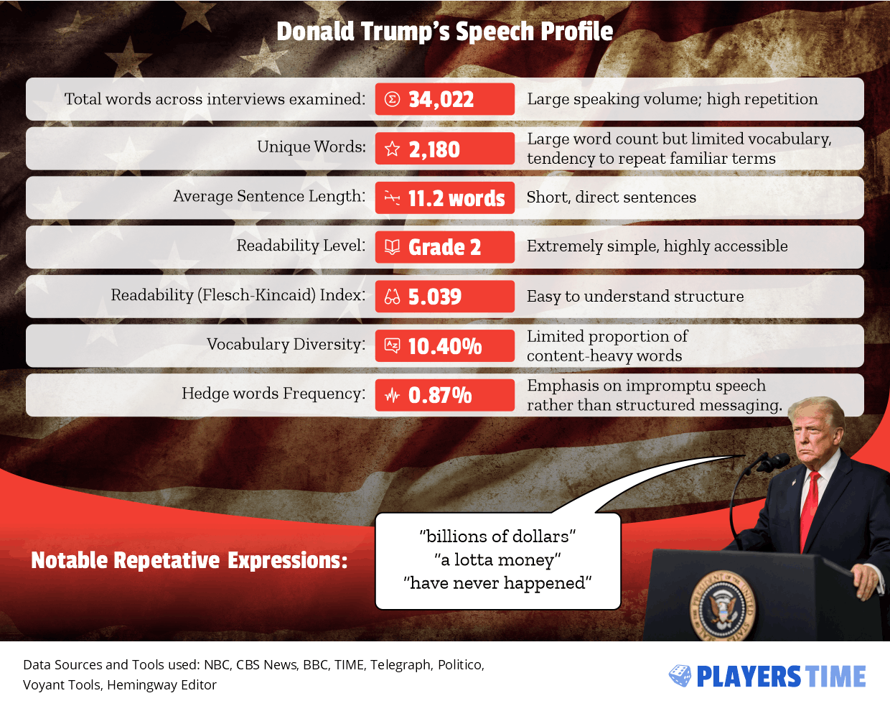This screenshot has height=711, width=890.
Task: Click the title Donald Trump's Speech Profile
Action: pos(444,32)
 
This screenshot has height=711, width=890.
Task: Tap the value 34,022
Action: pos(441,99)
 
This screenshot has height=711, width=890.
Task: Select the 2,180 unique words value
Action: pos(434,149)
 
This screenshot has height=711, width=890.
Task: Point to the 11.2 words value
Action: pos(456,198)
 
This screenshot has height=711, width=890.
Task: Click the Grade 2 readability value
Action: pos(444,248)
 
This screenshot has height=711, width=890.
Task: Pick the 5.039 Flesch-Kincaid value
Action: pos(434,297)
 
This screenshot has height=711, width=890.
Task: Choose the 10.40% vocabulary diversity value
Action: pos(444,346)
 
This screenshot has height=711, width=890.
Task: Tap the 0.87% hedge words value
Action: pos(439,395)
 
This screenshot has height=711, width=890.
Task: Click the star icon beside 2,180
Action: pos(392,149)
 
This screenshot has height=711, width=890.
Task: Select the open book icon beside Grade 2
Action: pos(392,247)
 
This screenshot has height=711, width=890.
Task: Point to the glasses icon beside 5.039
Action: pos(392,297)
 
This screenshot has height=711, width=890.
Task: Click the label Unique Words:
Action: pos(311,147)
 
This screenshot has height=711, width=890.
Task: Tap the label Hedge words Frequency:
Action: pos(273,394)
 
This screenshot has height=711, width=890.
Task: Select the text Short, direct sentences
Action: pos(611,197)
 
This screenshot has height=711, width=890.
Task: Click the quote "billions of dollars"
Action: pos(497,536)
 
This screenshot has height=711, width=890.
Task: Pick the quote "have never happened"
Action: pos(497,583)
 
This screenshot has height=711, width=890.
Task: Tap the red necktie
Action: pos(810,503)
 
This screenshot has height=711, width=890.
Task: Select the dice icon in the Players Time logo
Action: pos(680,676)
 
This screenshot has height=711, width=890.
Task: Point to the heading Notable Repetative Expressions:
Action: pos(189,560)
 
